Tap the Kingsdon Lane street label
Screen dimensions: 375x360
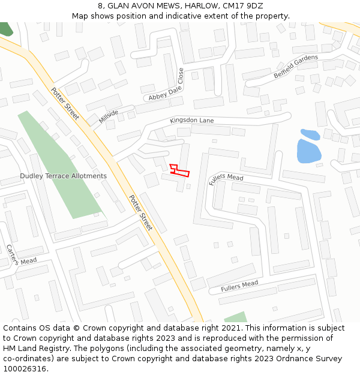[x=191, y=121]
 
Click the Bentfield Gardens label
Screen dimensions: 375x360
[x=296, y=66]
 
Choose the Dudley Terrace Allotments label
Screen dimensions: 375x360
[x=63, y=176]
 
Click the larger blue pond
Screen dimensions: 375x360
[x=308, y=151]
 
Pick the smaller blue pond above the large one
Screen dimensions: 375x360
[x=310, y=134]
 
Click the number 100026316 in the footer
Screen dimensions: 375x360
[x=25, y=369]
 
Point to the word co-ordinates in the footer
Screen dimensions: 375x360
[x=26, y=359]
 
